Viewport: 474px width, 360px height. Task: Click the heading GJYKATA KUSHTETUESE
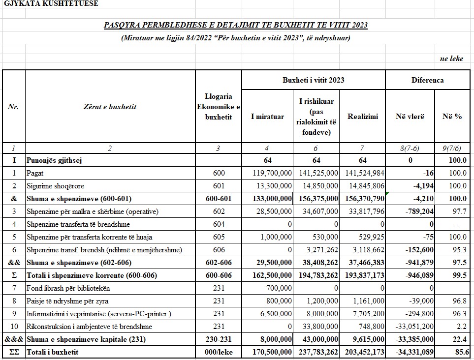click(51, 3)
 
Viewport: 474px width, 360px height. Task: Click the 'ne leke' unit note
click(451, 59)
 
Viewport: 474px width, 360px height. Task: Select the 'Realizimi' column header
click(362, 117)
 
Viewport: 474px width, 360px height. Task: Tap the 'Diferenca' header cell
click(427, 80)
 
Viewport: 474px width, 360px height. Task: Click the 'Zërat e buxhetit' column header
click(110, 106)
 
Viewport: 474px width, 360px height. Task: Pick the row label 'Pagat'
click(35, 173)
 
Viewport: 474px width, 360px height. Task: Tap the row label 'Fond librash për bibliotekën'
click(68, 288)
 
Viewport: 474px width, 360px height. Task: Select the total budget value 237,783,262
click(316, 352)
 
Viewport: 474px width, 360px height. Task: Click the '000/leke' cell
click(219, 352)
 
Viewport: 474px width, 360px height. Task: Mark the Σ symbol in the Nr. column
click(14, 275)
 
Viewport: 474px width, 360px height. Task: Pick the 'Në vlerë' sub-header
click(410, 117)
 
